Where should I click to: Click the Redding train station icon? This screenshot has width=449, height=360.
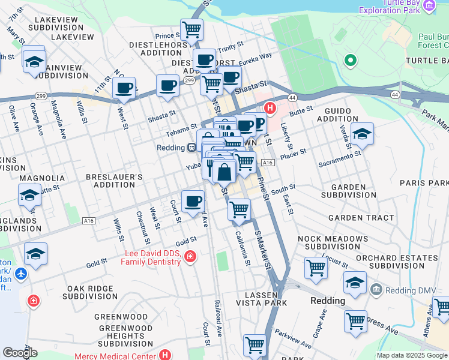point(191,147)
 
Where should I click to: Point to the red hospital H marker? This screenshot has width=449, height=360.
point(270,109)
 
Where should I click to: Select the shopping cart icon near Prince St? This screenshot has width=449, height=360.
point(191,28)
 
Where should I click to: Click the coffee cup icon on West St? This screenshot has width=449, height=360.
point(124,88)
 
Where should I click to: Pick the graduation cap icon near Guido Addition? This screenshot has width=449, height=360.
point(362,133)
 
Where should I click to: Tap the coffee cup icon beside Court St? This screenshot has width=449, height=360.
point(193,200)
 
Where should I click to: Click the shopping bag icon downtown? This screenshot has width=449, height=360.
point(224,172)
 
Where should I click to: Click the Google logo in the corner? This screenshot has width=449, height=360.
point(20,352)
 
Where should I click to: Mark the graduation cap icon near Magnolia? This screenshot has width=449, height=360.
point(29,195)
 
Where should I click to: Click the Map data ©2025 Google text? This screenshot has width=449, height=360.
point(412,355)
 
